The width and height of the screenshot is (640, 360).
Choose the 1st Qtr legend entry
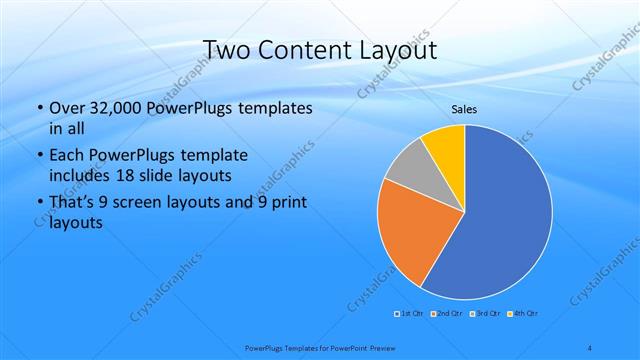[x=411, y=314]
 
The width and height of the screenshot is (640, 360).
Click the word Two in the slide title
[x=226, y=50]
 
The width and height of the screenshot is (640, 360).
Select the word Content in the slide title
[x=297, y=50]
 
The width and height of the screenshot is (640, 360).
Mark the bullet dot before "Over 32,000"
[x=39, y=109]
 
